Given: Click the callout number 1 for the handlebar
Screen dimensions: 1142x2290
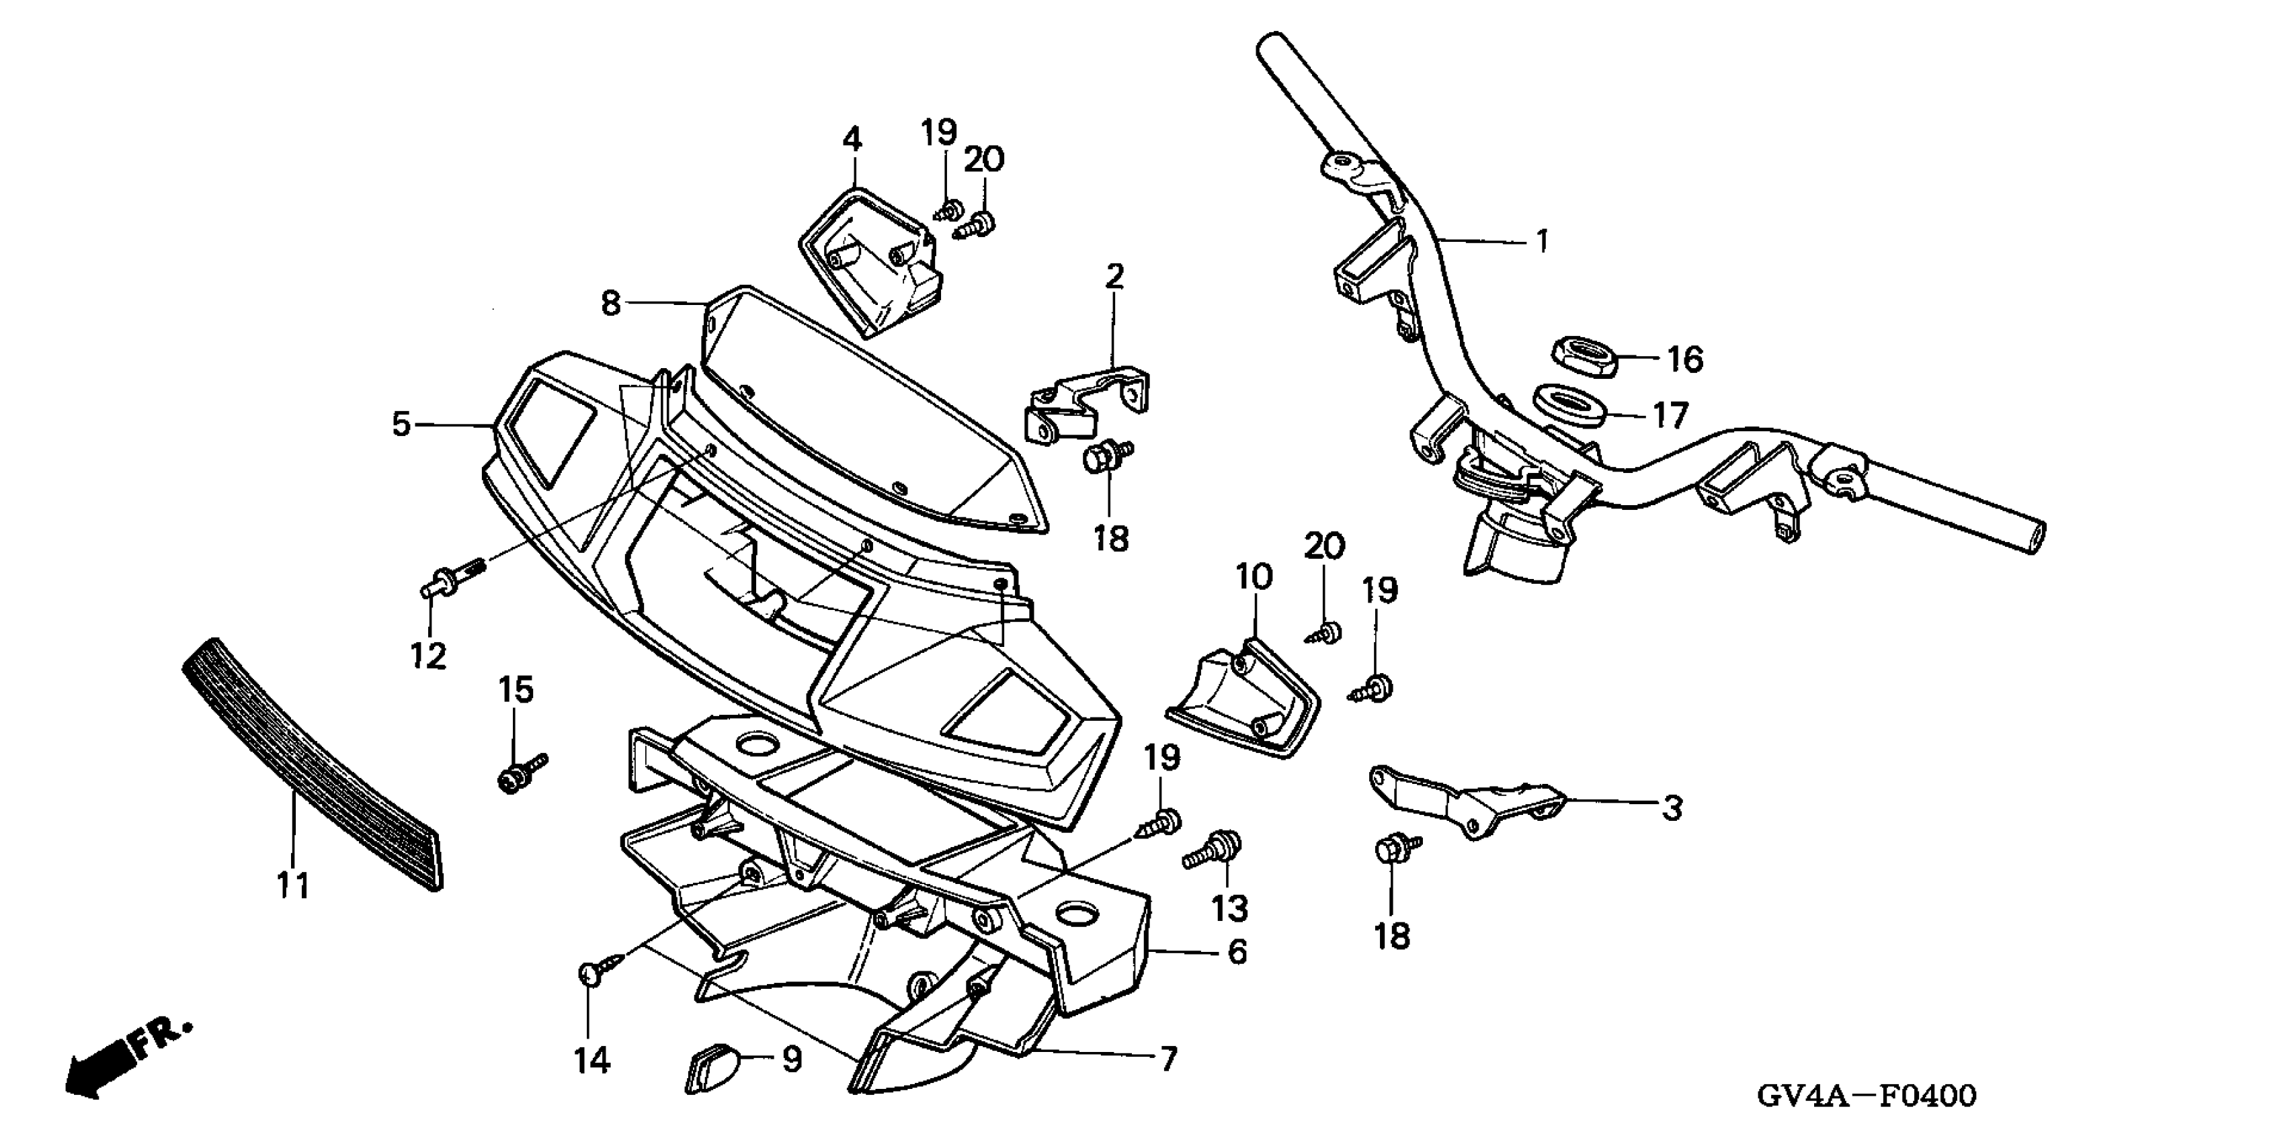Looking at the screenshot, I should pyautogui.click(x=1543, y=242).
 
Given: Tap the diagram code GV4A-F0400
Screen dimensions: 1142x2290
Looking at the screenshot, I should pyautogui.click(x=1866, y=1095).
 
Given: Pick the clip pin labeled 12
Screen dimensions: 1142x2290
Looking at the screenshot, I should pyautogui.click(x=449, y=580).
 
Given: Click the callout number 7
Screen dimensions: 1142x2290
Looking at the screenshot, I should pyautogui.click(x=1168, y=1059).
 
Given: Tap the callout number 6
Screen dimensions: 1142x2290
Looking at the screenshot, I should pyautogui.click(x=1237, y=953).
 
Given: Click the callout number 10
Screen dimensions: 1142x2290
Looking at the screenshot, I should pyautogui.click(x=1254, y=578).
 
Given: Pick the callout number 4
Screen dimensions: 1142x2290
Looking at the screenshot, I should pyautogui.click(x=852, y=140).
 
